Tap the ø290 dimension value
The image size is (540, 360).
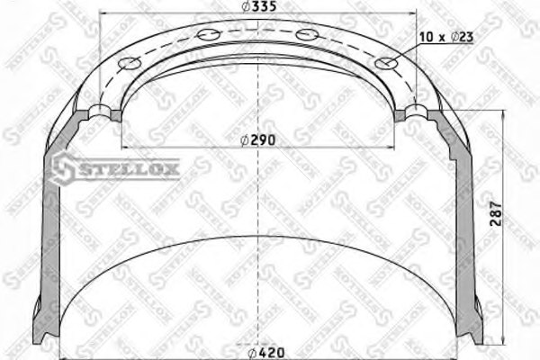258,140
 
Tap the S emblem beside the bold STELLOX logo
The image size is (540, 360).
64,167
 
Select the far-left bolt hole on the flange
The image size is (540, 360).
129,64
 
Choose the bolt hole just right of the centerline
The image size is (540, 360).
309,35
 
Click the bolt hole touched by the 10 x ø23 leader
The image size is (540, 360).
388,64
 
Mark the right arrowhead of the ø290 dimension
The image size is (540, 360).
392,148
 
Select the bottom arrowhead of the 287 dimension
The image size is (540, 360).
501,340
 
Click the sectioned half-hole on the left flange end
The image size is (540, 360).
103,112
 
